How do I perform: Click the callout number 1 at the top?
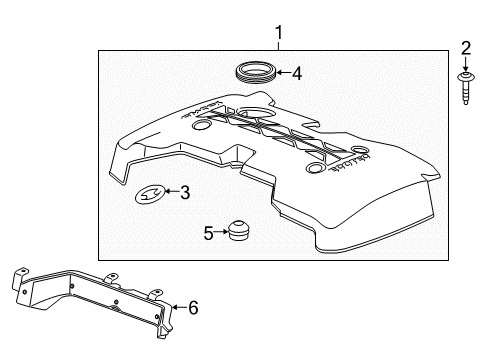click(279, 32)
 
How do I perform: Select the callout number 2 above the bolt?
click(465, 48)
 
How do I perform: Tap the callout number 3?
click(184, 192)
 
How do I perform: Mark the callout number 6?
click(193, 307)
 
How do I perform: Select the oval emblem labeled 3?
click(149, 195)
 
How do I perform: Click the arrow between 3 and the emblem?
click(170, 192)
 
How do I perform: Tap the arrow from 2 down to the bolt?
click(465, 62)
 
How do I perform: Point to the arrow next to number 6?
click(179, 307)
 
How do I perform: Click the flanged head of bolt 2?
click(465, 77)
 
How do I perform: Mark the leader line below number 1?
click(279, 45)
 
